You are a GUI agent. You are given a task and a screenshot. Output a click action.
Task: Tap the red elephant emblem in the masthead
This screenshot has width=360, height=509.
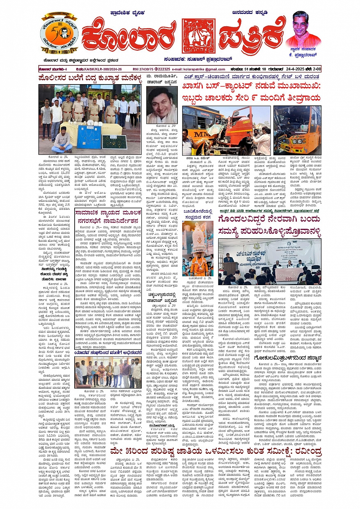point(198,36)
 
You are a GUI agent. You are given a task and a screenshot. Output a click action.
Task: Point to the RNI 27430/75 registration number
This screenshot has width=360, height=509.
point(143,69)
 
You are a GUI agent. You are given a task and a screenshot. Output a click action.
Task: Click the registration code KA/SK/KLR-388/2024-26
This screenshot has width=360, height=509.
point(99,69)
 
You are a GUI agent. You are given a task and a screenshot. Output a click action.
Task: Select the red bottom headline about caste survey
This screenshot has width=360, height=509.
point(216,452)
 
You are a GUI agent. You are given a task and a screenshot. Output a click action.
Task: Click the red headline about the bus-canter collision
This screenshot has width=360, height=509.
point(251,92)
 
